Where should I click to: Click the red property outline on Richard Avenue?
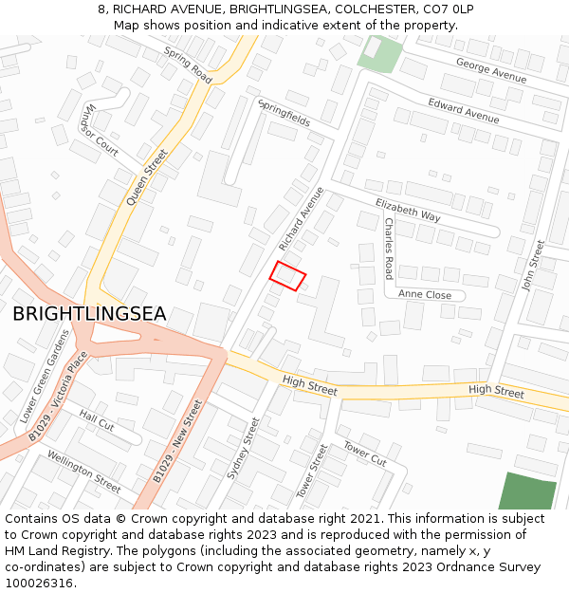click(288, 275)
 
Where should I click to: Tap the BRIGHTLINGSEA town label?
click(89, 314)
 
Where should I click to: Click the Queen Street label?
click(147, 176)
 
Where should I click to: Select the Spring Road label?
click(188, 64)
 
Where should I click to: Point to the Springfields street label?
click(284, 114)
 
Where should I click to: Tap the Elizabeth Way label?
click(408, 211)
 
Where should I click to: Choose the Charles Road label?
click(389, 249)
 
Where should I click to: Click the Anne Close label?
click(425, 295)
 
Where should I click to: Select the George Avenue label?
click(490, 69)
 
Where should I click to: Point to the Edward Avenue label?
click(463, 110)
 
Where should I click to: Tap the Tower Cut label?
click(365, 454)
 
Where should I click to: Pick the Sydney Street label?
click(243, 448)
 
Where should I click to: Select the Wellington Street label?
click(83, 472)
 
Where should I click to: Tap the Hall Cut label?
click(97, 420)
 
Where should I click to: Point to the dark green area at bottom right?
click(527, 491)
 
